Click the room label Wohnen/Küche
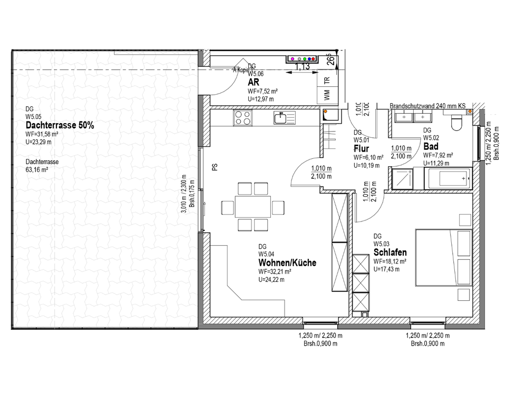(x=287, y=263)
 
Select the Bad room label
(x=431, y=147)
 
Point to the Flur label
(x=361, y=149)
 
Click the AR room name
(x=253, y=83)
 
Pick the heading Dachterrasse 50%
(x=60, y=126)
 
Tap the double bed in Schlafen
(x=443, y=257)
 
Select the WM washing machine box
(x=327, y=95)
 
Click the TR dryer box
(x=327, y=80)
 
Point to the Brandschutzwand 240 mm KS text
(x=427, y=106)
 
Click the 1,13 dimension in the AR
(x=302, y=67)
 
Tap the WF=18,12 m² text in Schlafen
(x=391, y=261)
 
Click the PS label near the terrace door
(x=215, y=167)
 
